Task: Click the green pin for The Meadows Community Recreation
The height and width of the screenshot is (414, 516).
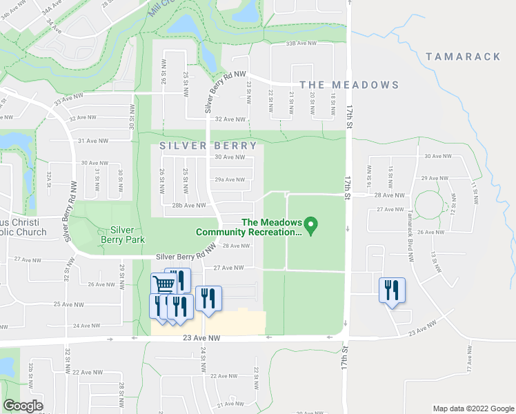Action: point(310,225)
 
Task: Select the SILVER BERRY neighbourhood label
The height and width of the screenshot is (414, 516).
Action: point(208,146)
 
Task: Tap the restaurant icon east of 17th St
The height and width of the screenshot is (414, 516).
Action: point(392,289)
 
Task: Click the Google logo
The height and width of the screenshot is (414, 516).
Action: point(22,406)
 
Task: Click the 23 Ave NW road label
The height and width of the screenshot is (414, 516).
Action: point(201,338)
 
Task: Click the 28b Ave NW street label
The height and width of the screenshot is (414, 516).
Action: point(189,205)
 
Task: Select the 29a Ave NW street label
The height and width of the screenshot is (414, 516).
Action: point(230,179)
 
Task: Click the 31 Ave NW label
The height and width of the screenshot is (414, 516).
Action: point(93,141)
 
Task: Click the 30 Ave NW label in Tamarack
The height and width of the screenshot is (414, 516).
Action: point(437,157)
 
